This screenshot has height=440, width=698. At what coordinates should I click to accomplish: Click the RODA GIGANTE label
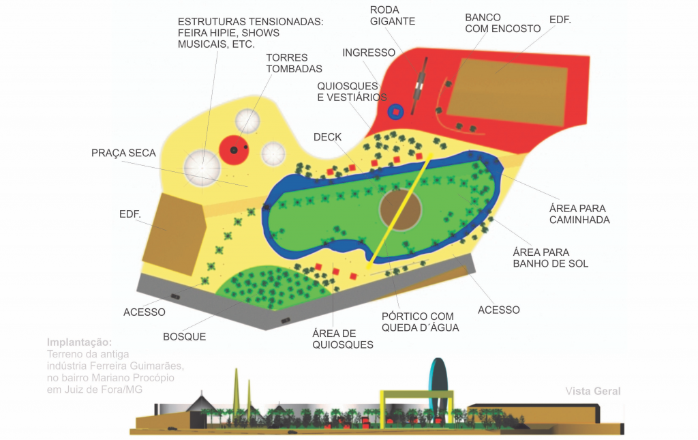point(392,15)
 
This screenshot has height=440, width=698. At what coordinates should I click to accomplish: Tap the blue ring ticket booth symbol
point(396,111)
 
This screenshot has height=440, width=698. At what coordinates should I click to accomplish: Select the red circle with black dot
point(234,149)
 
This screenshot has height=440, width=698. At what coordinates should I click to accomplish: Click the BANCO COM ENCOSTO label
point(502,23)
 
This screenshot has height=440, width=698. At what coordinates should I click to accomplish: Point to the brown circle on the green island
point(400,209)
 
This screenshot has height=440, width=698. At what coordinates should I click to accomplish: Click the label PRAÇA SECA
point(123,153)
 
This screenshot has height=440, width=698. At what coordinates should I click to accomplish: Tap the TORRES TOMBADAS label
point(294,63)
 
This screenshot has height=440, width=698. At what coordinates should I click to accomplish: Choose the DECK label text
point(327,137)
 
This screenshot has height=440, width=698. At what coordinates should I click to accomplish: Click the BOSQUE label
point(184,336)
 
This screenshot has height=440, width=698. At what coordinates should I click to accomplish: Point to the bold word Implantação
point(79,342)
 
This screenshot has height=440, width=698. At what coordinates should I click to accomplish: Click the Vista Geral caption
point(592,392)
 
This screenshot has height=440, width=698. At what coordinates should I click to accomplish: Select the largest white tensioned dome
point(202,167)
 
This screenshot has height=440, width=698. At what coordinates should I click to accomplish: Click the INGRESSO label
point(369,53)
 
